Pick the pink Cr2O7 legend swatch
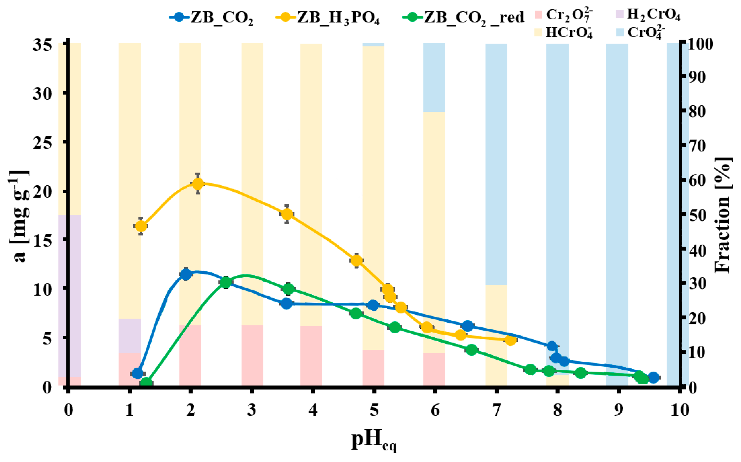click(539, 14)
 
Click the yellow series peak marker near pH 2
click(198, 184)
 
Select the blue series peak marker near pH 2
click(186, 274)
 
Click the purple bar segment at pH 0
click(70, 296)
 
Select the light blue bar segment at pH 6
click(434, 77)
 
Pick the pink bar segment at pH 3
click(252, 355)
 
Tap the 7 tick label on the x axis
click(496, 410)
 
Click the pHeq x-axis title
click(374, 441)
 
